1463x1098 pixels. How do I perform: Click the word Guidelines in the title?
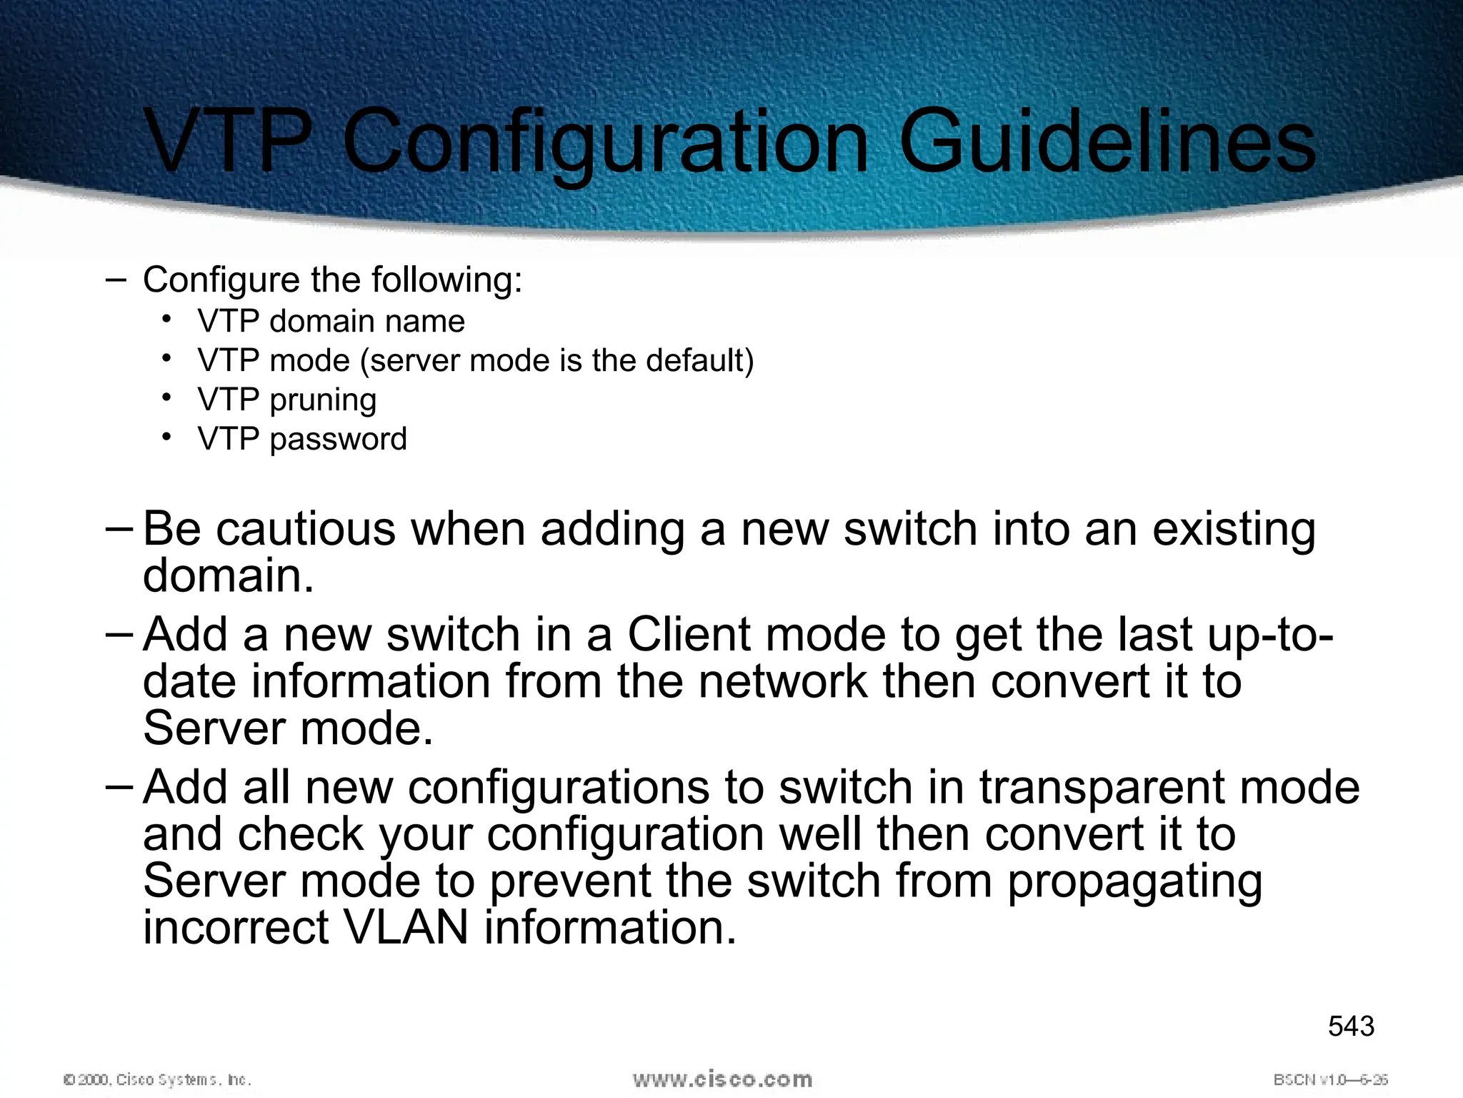coord(1107,141)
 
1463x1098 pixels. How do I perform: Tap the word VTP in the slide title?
coord(229,141)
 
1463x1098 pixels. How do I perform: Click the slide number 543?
coord(1351,1027)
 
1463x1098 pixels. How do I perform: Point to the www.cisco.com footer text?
coord(722,1079)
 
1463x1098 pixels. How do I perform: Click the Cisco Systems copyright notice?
coord(157,1079)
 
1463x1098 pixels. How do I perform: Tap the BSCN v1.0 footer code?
coord(1330,1079)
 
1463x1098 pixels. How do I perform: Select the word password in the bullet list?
coord(338,439)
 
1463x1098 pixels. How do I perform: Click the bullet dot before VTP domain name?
coord(166,319)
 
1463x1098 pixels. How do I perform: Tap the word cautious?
coord(306,530)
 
